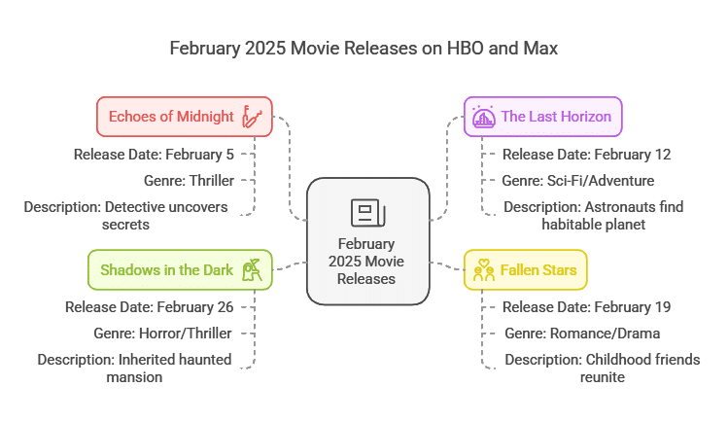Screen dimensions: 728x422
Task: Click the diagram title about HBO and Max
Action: tap(364, 49)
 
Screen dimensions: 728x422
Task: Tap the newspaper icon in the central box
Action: tap(368, 213)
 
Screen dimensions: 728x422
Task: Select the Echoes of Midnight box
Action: tap(185, 117)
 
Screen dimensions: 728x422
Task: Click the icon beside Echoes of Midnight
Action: tap(252, 117)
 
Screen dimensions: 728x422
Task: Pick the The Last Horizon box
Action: tap(542, 117)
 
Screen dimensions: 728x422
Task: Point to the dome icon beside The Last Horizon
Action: tap(484, 117)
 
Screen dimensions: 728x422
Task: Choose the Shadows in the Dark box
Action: tap(180, 269)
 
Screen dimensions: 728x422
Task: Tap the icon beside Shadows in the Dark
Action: tap(252, 269)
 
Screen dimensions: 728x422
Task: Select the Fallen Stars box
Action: tap(526, 269)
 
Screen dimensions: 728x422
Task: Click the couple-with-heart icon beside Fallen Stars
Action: tap(484, 269)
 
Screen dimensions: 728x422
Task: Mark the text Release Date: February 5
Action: tap(154, 155)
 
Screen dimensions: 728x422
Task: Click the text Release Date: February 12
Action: tap(586, 155)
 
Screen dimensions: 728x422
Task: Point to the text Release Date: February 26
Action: tap(149, 307)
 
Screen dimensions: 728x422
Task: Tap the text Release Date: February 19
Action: tap(586, 307)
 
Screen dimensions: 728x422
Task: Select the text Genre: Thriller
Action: tap(189, 181)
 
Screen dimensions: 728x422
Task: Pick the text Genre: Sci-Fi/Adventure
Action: tap(578, 181)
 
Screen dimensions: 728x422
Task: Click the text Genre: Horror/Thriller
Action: tap(162, 334)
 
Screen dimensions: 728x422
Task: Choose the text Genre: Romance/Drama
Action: tap(582, 334)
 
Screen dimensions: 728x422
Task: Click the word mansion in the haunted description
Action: tap(134, 377)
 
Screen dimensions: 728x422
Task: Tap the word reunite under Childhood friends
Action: tap(603, 377)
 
